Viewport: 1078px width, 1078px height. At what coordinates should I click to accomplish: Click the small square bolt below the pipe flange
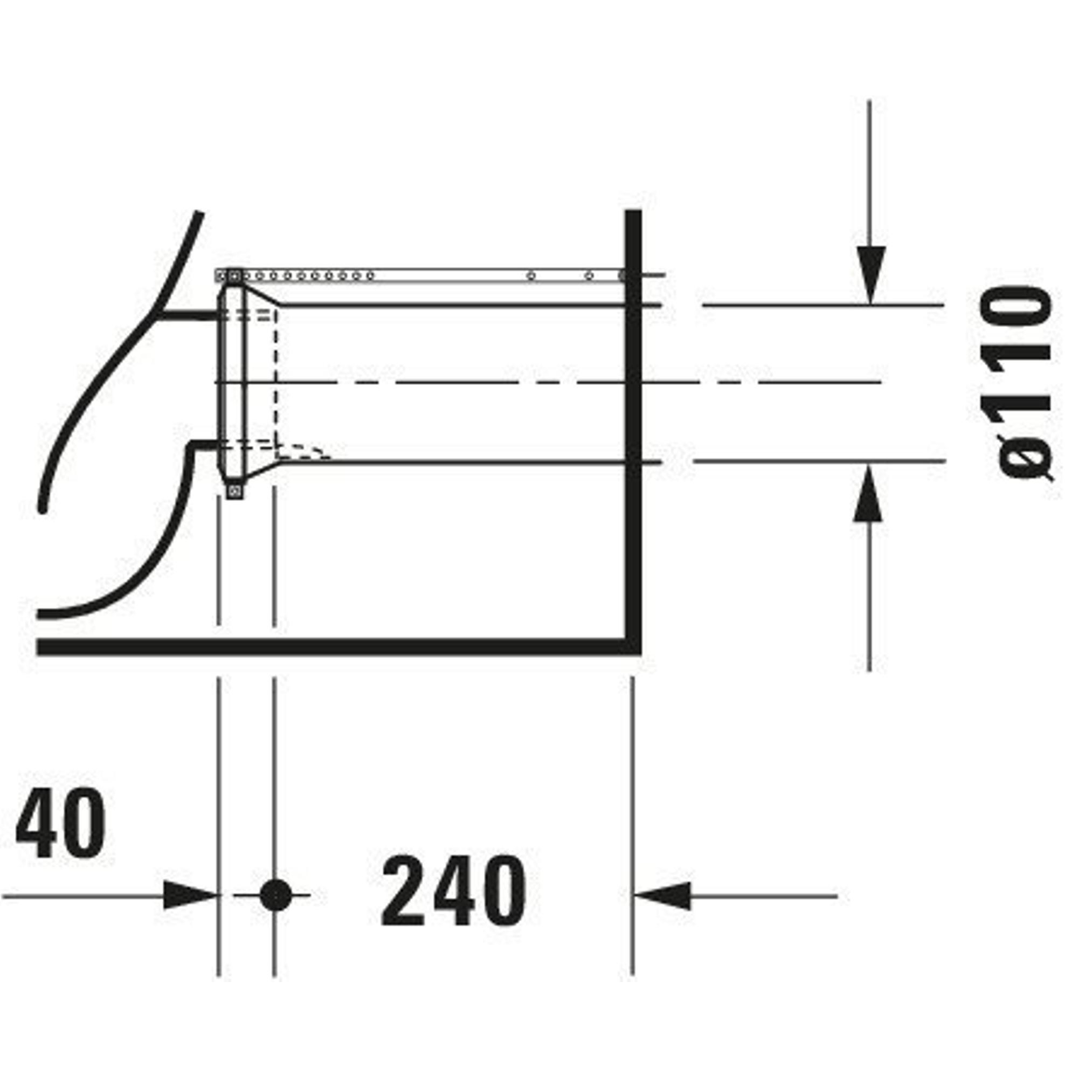235,490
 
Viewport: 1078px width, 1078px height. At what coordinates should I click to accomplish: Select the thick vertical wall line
633,430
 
